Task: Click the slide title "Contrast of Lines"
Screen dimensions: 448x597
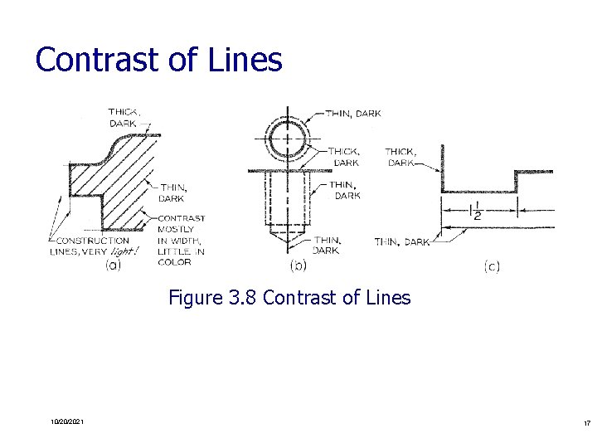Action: point(158,60)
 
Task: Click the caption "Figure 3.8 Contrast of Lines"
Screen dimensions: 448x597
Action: point(289,297)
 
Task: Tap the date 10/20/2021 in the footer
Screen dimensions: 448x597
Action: point(66,423)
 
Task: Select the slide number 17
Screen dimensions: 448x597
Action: point(585,423)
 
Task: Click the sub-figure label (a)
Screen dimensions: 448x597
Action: point(112,265)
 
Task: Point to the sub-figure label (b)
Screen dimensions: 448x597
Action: point(297,265)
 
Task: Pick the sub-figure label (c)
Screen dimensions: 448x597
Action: point(491,265)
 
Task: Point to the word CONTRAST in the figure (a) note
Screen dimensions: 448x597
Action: point(182,219)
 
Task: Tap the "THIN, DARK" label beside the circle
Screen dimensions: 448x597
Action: point(353,114)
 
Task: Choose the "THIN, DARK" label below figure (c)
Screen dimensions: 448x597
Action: point(402,242)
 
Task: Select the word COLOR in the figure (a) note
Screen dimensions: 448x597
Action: point(175,262)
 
